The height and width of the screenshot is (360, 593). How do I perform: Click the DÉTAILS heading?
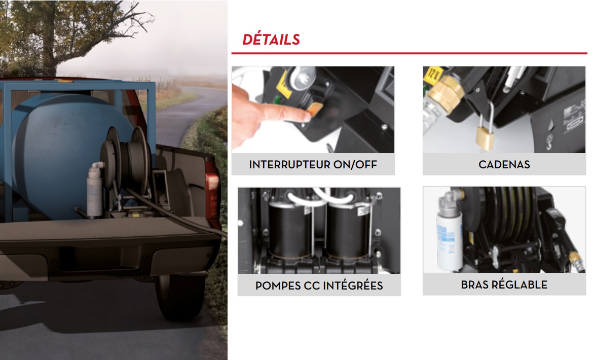tap(271, 40)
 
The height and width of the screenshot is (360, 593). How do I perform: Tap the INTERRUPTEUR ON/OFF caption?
tap(313, 165)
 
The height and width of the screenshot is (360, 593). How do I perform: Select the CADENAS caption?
tap(504, 165)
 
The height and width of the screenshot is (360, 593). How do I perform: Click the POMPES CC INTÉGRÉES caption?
tap(319, 285)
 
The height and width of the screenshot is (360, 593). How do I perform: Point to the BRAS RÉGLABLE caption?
tap(504, 284)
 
